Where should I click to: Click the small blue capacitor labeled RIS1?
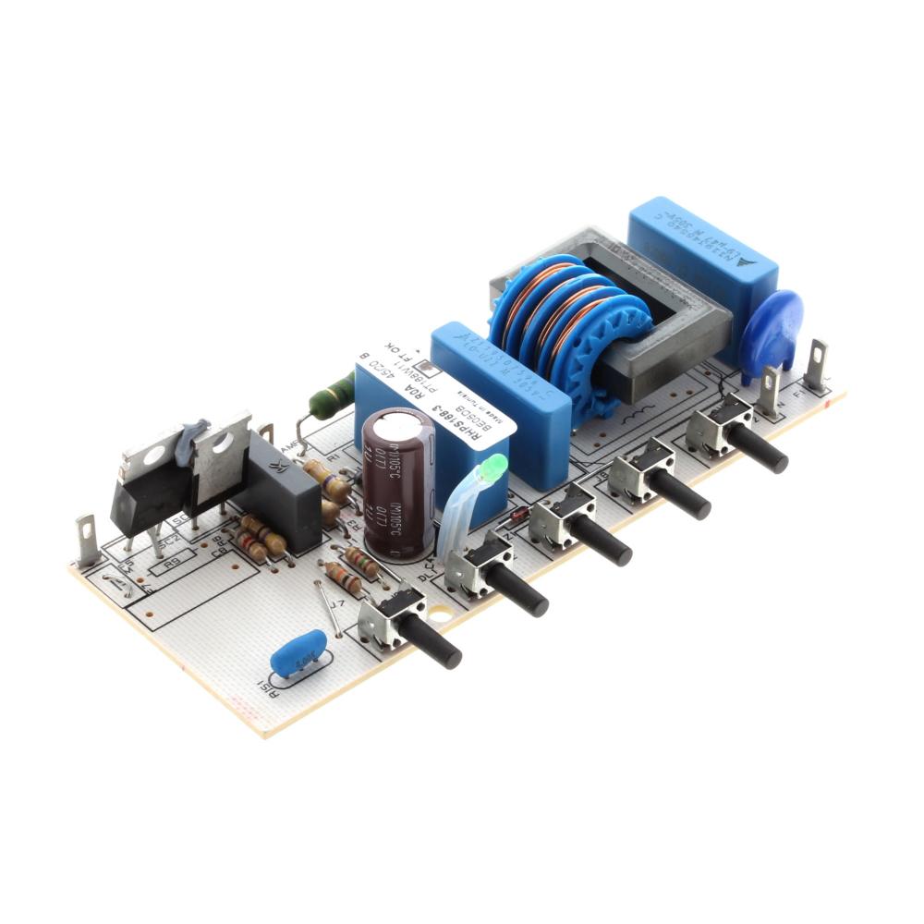[x=298, y=654]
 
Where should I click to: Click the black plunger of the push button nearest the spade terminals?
[x=761, y=450]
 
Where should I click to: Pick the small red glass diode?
[x=519, y=514]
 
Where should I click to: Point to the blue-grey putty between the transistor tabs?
[x=193, y=434]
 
